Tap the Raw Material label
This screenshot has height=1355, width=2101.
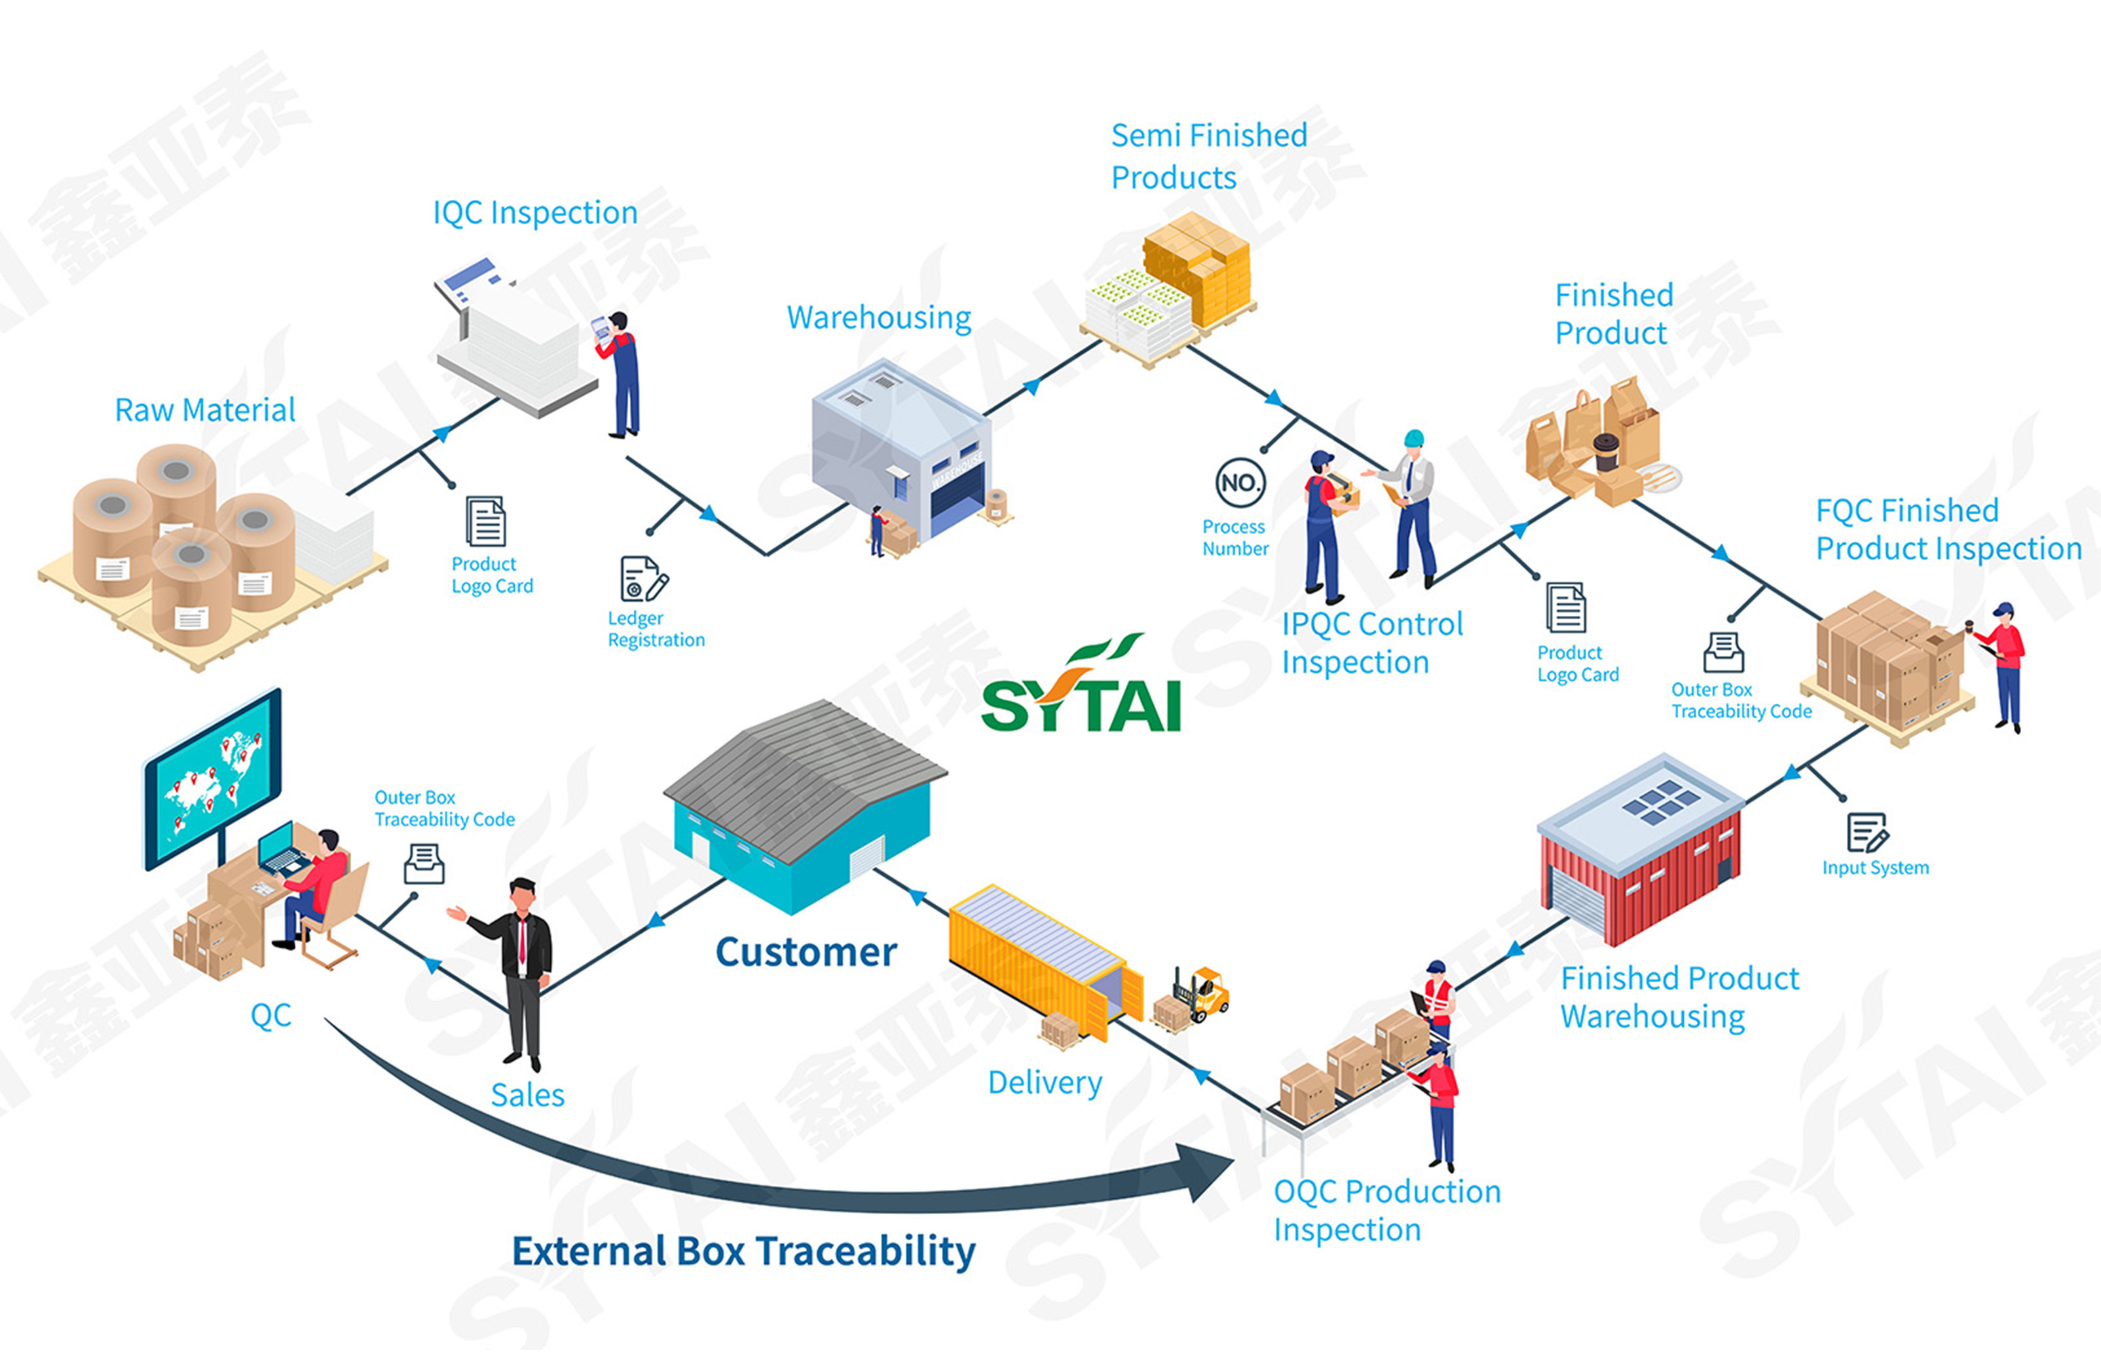[x=204, y=410]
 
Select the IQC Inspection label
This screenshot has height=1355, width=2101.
[x=534, y=213]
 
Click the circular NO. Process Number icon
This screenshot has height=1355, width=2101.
[x=1240, y=482]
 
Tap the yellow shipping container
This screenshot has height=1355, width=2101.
[x=1038, y=959]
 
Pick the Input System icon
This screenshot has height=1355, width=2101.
[x=1866, y=832]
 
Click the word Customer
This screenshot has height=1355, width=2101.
[x=806, y=952]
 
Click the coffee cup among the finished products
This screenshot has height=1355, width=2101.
[x=1605, y=451]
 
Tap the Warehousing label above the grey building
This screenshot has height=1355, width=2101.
[x=878, y=318]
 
